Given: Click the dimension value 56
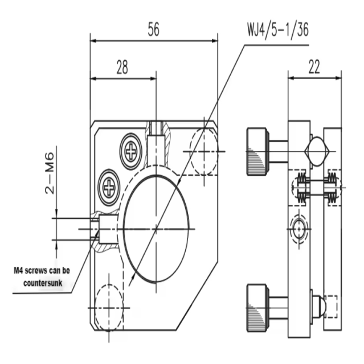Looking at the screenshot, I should coord(153,30).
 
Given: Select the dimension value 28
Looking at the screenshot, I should coord(122,67).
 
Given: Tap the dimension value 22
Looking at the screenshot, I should coord(314,67).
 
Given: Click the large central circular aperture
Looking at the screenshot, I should coord(156,228).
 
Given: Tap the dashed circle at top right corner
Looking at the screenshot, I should coord(205,151).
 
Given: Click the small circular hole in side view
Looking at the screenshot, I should coord(297,229).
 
